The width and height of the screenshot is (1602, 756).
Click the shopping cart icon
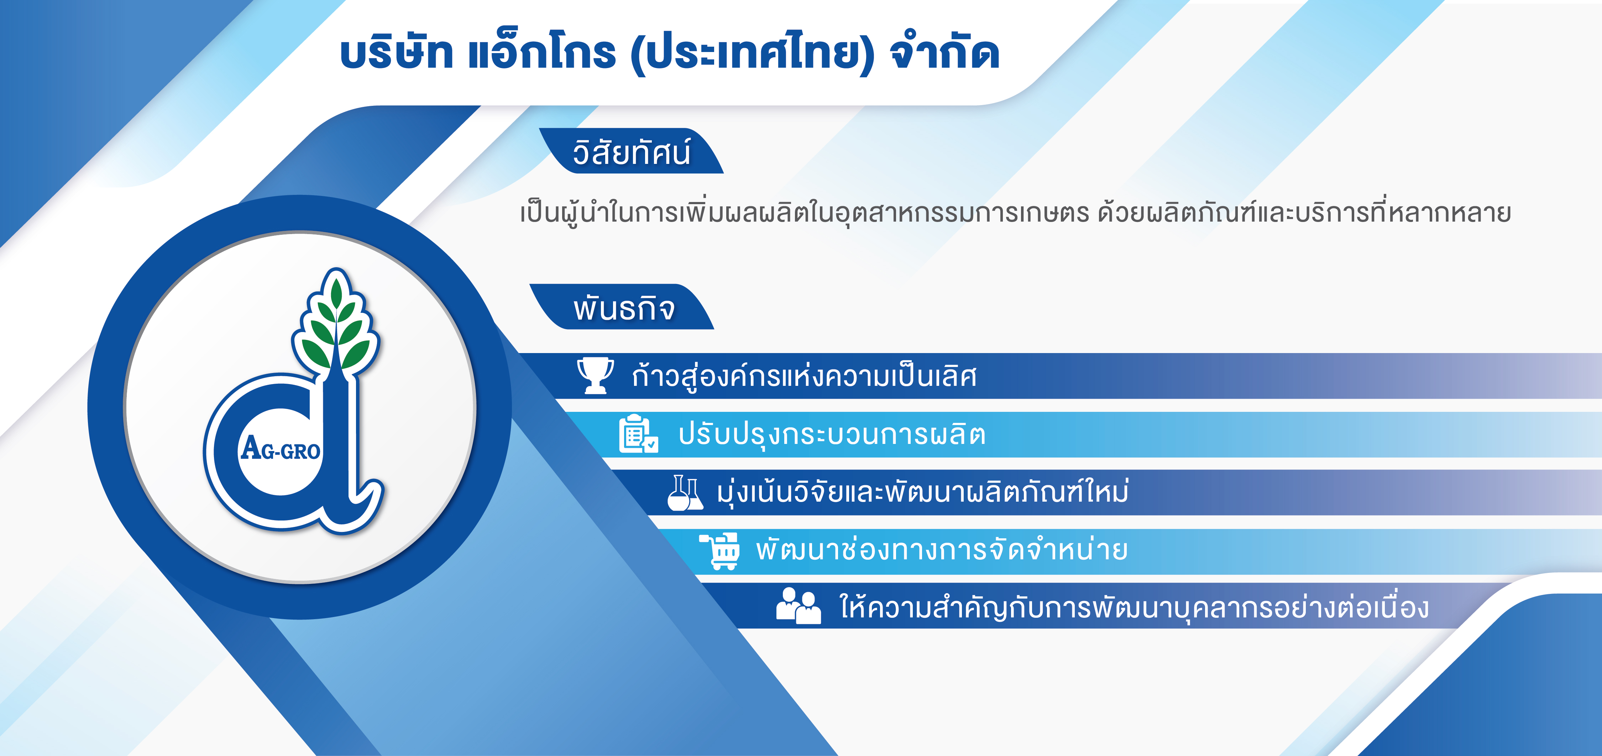coord(720,551)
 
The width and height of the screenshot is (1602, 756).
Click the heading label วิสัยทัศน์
coord(631,152)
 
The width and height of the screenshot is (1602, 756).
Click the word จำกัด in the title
coord(945,52)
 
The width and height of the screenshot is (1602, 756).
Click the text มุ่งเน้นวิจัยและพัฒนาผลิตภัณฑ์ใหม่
coord(922,492)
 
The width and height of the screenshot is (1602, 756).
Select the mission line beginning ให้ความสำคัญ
coord(1134,607)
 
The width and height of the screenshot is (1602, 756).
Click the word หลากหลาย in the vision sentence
coord(1449,212)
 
